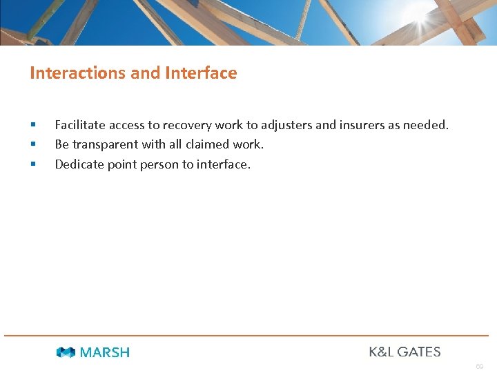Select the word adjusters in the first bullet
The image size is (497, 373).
point(286,125)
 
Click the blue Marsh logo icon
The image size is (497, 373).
point(66,352)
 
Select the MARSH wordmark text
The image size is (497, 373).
point(105,352)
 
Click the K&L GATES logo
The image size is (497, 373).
point(405,352)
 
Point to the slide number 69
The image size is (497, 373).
point(479,366)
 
